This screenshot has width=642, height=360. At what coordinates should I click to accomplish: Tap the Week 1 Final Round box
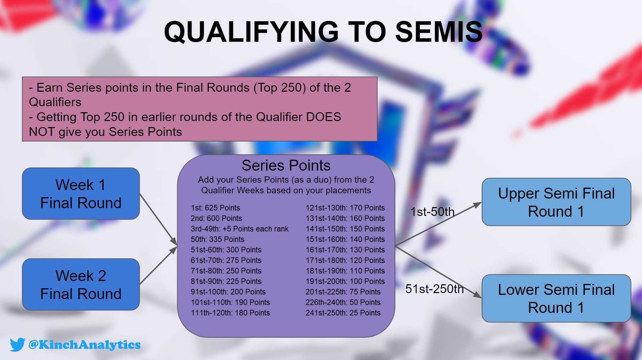tap(81, 194)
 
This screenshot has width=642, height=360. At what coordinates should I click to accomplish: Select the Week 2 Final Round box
tap(81, 285)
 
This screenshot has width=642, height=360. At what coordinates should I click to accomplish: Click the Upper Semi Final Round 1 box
tap(556, 202)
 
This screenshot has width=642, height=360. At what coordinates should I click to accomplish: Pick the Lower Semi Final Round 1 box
tap(556, 298)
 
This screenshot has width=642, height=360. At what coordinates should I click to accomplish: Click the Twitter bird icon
tap(17, 344)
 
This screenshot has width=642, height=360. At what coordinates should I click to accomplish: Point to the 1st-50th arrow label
tap(432, 212)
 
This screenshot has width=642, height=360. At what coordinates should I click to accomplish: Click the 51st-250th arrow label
tap(434, 289)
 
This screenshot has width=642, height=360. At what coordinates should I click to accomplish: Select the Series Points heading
tap(286, 165)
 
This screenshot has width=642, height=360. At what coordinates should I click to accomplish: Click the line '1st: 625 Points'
tap(215, 208)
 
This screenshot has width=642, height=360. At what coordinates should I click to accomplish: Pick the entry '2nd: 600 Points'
tap(216, 218)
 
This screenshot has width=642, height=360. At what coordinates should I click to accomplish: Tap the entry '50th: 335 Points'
tap(217, 239)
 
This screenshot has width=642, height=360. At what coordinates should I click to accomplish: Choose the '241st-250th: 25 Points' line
tap(343, 313)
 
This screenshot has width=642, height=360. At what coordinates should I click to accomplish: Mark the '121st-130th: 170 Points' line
tap(345, 208)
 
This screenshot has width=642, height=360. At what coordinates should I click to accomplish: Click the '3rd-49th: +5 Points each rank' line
tap(239, 229)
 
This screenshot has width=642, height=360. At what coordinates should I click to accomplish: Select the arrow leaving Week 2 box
tap(158, 265)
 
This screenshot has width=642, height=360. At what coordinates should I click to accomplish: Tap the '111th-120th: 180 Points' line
tap(230, 313)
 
